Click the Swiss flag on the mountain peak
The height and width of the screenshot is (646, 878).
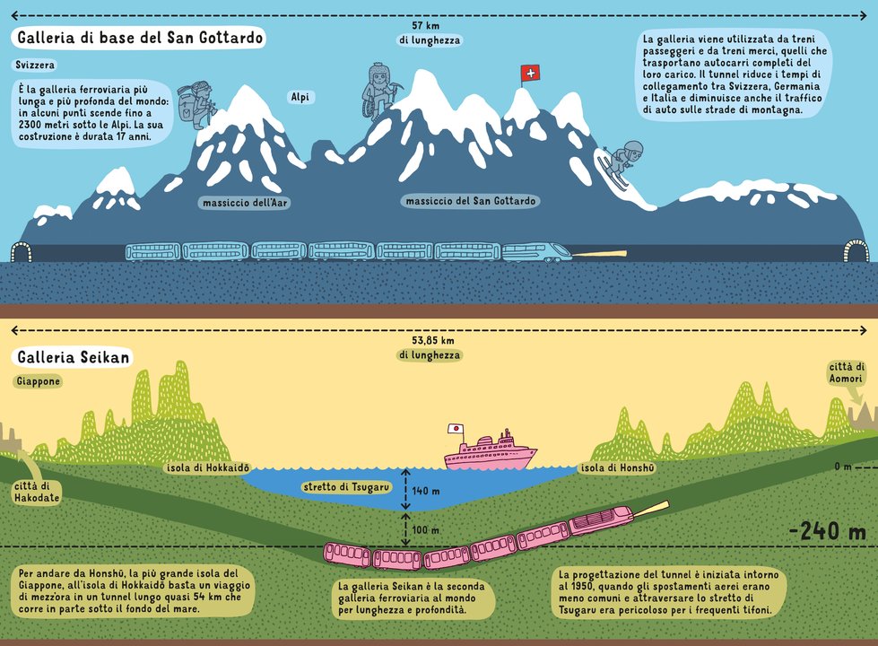point(530,74)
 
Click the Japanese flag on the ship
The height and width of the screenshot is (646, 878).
point(456,429)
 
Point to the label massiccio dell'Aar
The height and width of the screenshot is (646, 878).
point(245,203)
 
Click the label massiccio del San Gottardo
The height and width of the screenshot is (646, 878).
point(470,201)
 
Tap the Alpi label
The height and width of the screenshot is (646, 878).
point(300,97)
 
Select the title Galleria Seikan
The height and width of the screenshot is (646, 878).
point(73,357)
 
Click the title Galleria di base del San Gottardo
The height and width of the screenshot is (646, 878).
point(139,38)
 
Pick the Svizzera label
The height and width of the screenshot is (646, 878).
point(35,65)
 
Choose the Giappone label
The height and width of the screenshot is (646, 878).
point(38,381)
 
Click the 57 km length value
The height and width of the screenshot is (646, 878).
point(426,25)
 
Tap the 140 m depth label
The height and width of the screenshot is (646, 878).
point(426,492)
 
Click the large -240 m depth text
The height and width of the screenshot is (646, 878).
point(828,531)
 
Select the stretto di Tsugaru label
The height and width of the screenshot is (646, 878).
point(346,487)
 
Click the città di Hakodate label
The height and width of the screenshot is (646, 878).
point(37,492)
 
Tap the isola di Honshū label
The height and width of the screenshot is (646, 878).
point(618,467)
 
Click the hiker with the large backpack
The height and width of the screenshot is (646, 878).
point(196,105)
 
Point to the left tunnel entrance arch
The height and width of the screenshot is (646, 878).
point(22,251)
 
